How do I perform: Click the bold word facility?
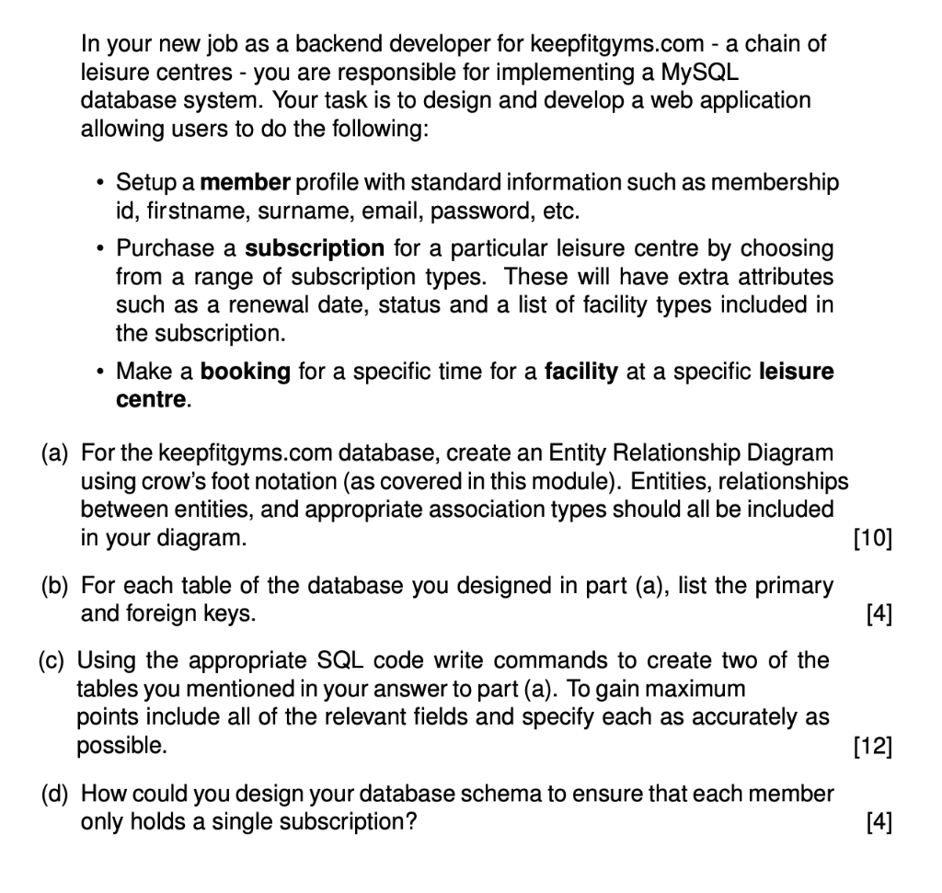pyautogui.click(x=581, y=372)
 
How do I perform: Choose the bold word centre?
pyautogui.click(x=151, y=401)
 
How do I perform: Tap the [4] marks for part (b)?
pyautogui.click(x=879, y=613)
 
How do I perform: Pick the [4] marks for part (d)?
pyautogui.click(x=879, y=821)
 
